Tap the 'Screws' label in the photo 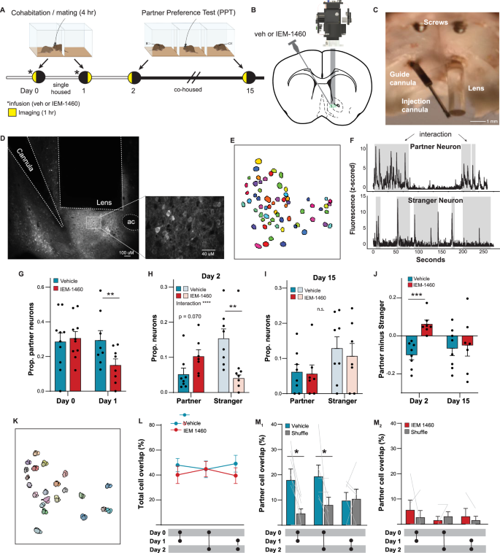click(x=431, y=22)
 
